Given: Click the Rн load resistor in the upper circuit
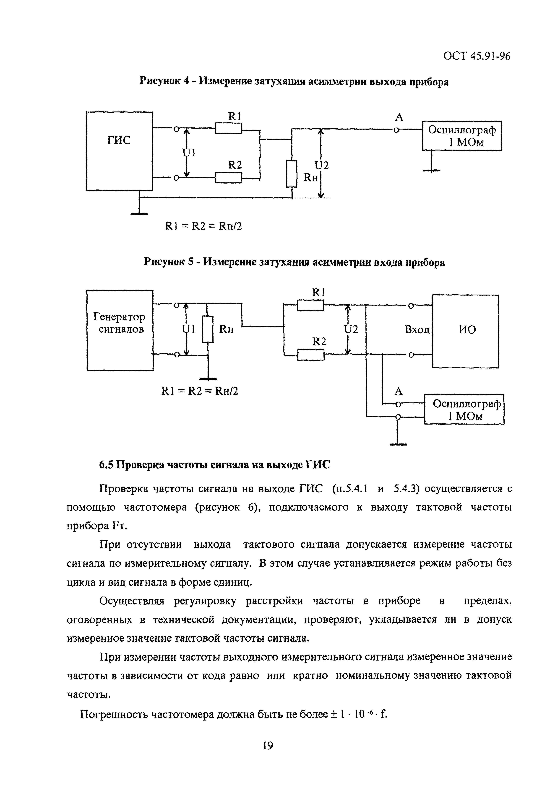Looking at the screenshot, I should [292, 174].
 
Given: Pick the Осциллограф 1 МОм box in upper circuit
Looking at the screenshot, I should [462, 136].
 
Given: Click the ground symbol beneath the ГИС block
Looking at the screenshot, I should [139, 213].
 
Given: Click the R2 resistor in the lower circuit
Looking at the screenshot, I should [310, 355].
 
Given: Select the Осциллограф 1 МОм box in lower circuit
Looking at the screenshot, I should [464, 410].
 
